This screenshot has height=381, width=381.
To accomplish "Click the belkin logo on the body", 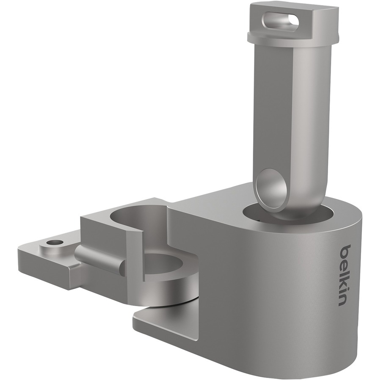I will (x=346, y=275).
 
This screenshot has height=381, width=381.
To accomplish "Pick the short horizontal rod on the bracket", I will (x=99, y=259).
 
